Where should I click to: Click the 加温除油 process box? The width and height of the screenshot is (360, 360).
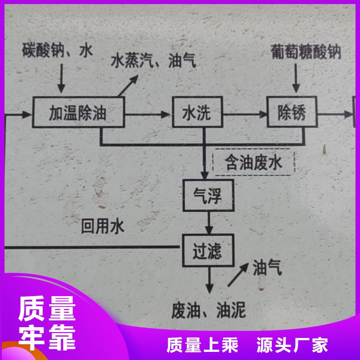[x=78, y=112]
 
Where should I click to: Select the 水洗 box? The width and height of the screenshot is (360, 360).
[x=197, y=112]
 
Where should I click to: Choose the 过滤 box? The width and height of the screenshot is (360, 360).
[x=207, y=251]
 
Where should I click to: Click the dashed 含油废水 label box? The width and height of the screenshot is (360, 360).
[x=254, y=162]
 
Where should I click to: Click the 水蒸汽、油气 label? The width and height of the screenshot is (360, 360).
[x=153, y=61]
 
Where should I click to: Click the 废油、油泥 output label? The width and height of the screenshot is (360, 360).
[x=210, y=310]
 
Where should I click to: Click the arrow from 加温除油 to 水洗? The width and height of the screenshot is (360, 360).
[x=148, y=113]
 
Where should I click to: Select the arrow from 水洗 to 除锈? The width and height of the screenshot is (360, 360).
[x=245, y=113]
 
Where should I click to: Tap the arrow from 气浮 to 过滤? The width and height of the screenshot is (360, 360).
[x=208, y=223]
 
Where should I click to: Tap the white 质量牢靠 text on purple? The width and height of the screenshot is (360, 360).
[x=47, y=323]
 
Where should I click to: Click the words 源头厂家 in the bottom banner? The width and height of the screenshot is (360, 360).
[x=292, y=345]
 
